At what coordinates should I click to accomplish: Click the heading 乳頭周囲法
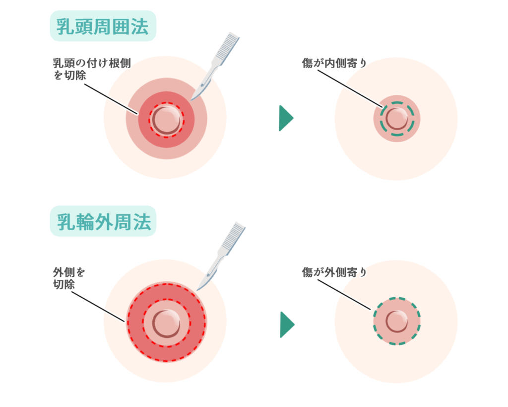103,26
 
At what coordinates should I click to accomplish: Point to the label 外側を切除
69,278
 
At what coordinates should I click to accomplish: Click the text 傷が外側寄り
334,272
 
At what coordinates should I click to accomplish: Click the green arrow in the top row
286,118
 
